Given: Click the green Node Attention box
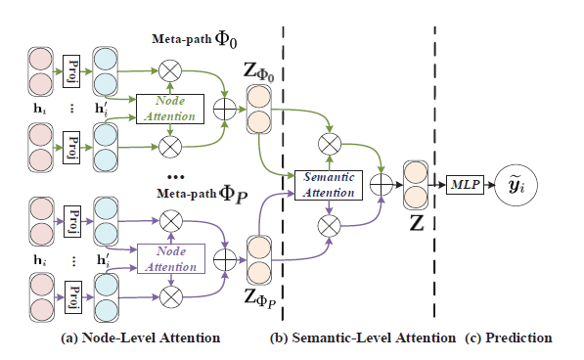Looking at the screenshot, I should click(x=170, y=109).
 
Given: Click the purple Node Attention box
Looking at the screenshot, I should click(x=170, y=258).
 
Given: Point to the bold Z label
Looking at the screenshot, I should click(x=416, y=221).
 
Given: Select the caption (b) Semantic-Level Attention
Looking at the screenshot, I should click(x=363, y=338).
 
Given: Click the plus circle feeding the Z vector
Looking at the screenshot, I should click(x=382, y=183).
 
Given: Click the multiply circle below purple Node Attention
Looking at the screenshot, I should click(x=172, y=294).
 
